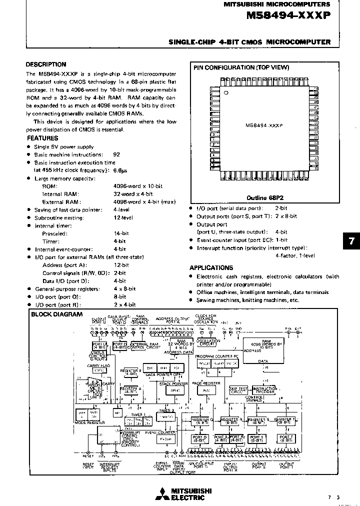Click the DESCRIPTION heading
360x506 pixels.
[x=46, y=64]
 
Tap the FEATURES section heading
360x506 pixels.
[x=42, y=138]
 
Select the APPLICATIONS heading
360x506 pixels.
[x=211, y=267]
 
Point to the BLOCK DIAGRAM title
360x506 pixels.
[x=56, y=314]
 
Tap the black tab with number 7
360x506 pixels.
[x=351, y=240]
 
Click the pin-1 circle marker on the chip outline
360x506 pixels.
[x=226, y=93]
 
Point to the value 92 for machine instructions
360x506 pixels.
[x=116, y=154]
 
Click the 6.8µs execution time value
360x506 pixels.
[x=120, y=170]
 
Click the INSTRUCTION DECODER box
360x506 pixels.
[x=264, y=389]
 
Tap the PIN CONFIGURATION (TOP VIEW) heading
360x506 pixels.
[x=240, y=67]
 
